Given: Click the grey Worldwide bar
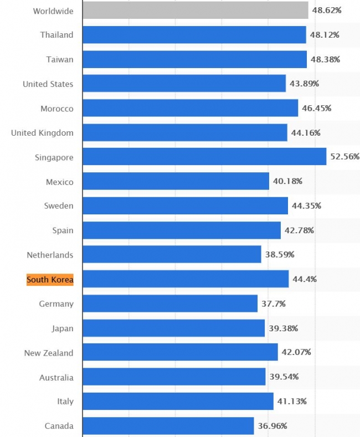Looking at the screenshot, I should pyautogui.click(x=195, y=11).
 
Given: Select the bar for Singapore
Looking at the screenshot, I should pyautogui.click(x=204, y=157).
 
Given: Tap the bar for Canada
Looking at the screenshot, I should pyautogui.click(x=168, y=426).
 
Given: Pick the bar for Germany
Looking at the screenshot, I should pyautogui.click(x=170, y=304).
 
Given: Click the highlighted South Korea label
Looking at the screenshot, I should pyautogui.click(x=50, y=279).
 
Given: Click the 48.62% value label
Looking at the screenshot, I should pyautogui.click(x=326, y=11).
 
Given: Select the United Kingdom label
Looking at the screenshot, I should pyautogui.click(x=42, y=133).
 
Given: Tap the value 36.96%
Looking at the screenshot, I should pyautogui.click(x=272, y=426).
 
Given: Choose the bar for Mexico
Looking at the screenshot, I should pyautogui.click(x=176, y=182).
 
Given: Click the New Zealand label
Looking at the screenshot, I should pyautogui.click(x=49, y=353).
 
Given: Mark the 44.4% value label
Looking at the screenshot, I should pyautogui.click(x=304, y=279).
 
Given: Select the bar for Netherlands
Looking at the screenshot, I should pyautogui.click(x=172, y=255).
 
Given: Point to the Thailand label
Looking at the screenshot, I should pyautogui.click(x=56, y=35).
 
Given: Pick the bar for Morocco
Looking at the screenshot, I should pyautogui.click(x=191, y=108).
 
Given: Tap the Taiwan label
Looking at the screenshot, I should pyautogui.click(x=60, y=59).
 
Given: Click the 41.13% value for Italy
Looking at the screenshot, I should pyautogui.click(x=291, y=402).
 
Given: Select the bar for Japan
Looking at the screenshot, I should pyautogui.click(x=173, y=328).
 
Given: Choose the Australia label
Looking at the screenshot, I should pyautogui.click(x=56, y=377).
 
